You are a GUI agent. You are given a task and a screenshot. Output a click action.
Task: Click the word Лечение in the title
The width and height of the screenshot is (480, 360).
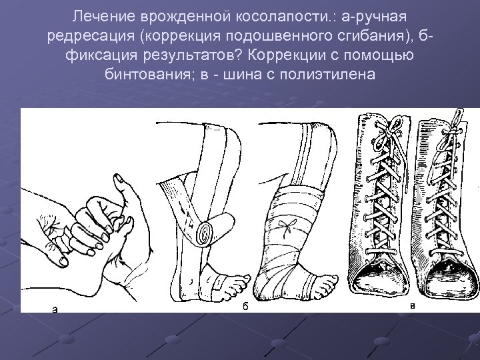[98, 15]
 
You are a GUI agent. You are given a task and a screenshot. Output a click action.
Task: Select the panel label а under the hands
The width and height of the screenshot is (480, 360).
[54, 308]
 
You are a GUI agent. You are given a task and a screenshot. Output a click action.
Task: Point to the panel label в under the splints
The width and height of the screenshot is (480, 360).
[413, 307]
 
